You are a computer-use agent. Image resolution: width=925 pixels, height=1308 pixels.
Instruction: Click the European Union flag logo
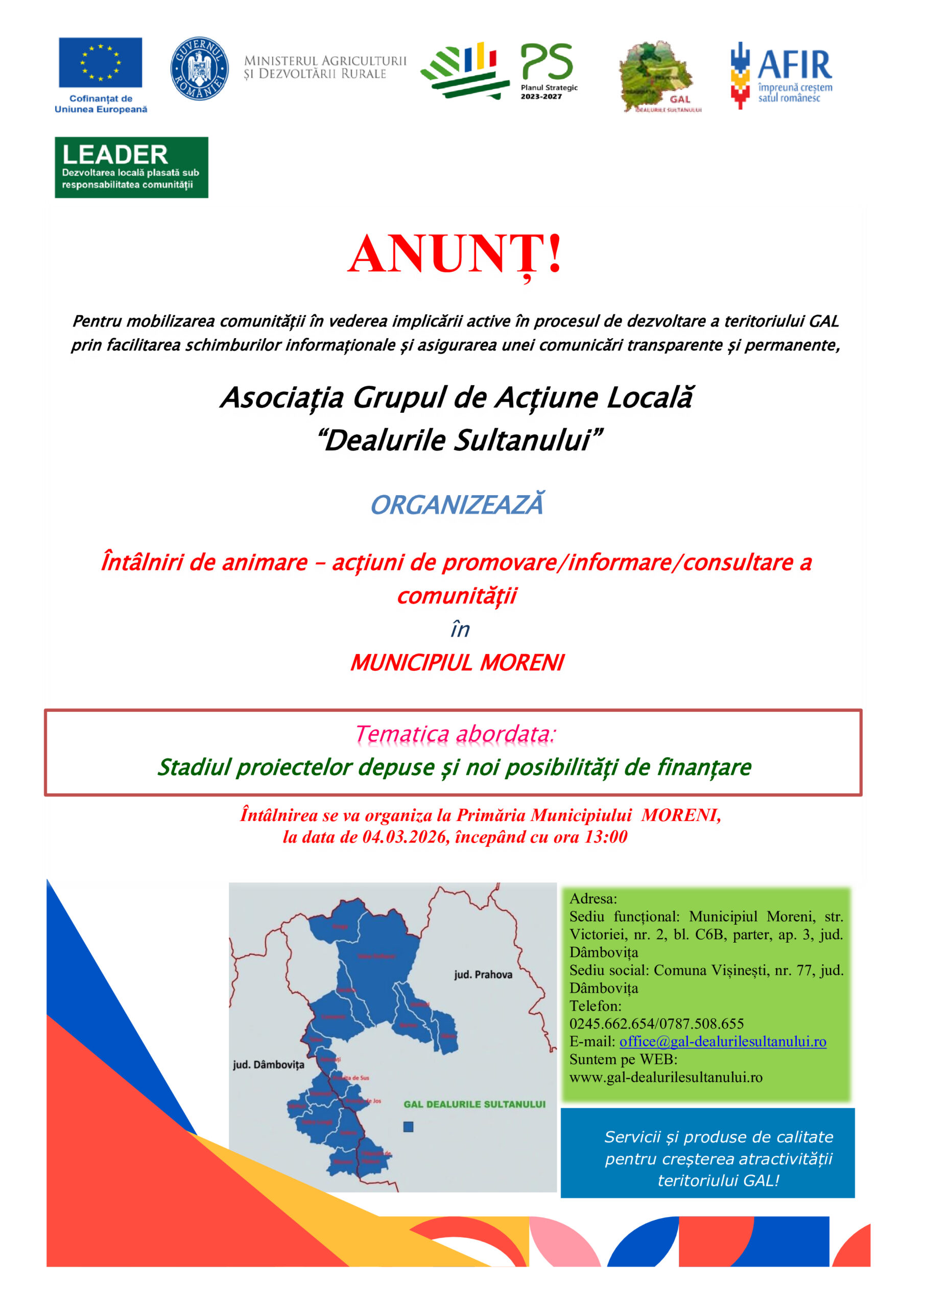[x=100, y=63]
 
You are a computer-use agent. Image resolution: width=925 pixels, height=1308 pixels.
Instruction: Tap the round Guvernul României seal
[x=199, y=68]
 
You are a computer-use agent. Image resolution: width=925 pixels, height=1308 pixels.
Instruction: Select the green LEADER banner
[x=132, y=168]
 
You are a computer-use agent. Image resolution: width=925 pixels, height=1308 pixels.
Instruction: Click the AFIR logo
[x=781, y=75]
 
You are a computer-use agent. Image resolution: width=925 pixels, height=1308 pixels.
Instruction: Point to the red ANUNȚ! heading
[x=455, y=254]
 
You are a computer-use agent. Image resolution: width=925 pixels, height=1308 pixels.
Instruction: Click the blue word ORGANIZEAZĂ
[x=457, y=505]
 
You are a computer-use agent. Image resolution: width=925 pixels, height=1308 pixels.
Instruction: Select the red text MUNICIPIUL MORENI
[x=457, y=663]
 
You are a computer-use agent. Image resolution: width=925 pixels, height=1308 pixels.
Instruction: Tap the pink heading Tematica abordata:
[x=455, y=734]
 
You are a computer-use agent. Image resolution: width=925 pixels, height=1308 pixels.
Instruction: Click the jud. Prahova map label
[x=483, y=974]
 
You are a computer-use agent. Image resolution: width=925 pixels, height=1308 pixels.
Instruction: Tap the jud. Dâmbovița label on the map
[x=268, y=1064]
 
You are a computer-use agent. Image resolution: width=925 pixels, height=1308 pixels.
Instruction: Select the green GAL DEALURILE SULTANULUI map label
[x=475, y=1104]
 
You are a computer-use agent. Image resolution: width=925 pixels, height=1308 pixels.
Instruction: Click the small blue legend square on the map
[x=409, y=1126]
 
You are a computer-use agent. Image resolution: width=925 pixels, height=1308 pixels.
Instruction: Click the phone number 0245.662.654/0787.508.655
[x=656, y=1024]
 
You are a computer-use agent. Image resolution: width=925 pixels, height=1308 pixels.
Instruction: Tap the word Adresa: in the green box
[x=593, y=898]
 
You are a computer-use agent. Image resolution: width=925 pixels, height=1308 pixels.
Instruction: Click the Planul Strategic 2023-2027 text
[x=549, y=92]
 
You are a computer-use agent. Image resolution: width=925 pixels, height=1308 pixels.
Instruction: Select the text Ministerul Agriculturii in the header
[x=325, y=61]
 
